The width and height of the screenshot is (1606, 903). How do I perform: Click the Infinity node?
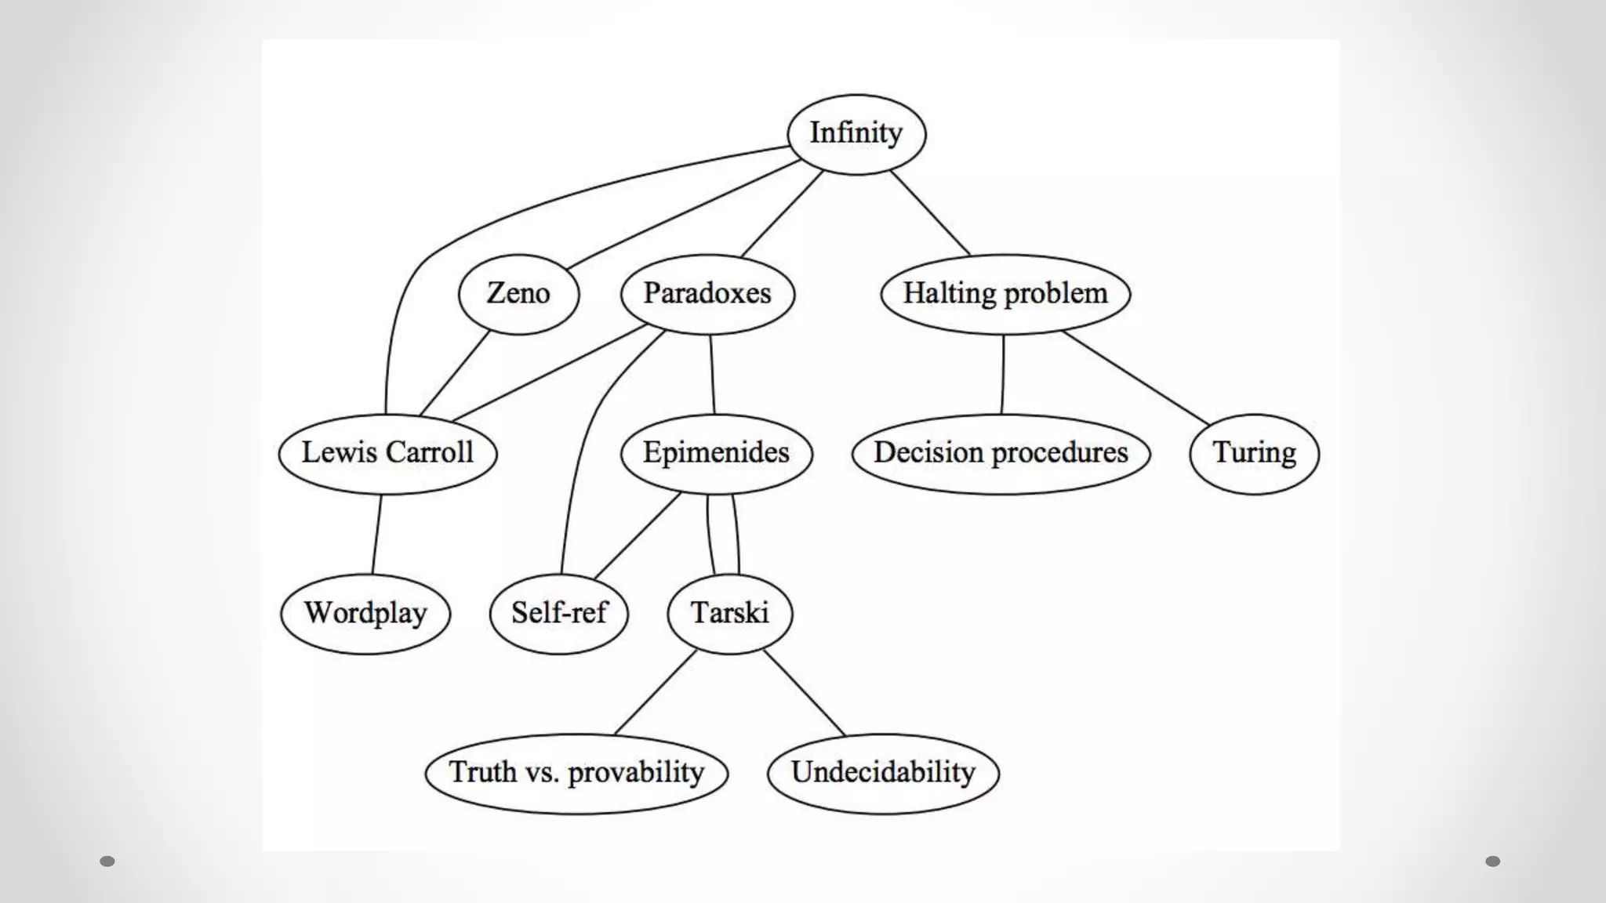(856, 134)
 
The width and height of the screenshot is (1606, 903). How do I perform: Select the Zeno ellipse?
(518, 294)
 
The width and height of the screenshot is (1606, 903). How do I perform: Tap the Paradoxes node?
(707, 294)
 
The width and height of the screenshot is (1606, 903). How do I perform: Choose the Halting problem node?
(1005, 294)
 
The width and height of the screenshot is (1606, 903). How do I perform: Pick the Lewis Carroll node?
(387, 453)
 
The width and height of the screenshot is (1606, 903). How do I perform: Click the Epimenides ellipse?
(716, 453)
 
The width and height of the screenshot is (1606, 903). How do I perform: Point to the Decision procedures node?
(1001, 453)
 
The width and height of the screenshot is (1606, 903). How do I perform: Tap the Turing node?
(1254, 453)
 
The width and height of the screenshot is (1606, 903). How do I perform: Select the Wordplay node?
(365, 613)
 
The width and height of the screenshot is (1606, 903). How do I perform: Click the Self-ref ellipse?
(559, 613)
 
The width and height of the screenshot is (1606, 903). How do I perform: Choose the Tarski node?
(729, 613)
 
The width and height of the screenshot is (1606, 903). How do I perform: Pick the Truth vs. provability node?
(576, 773)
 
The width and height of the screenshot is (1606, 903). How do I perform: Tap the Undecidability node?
(883, 773)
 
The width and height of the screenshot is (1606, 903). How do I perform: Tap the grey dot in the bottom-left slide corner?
(107, 861)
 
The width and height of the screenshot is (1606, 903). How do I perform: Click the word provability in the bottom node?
(636, 773)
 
